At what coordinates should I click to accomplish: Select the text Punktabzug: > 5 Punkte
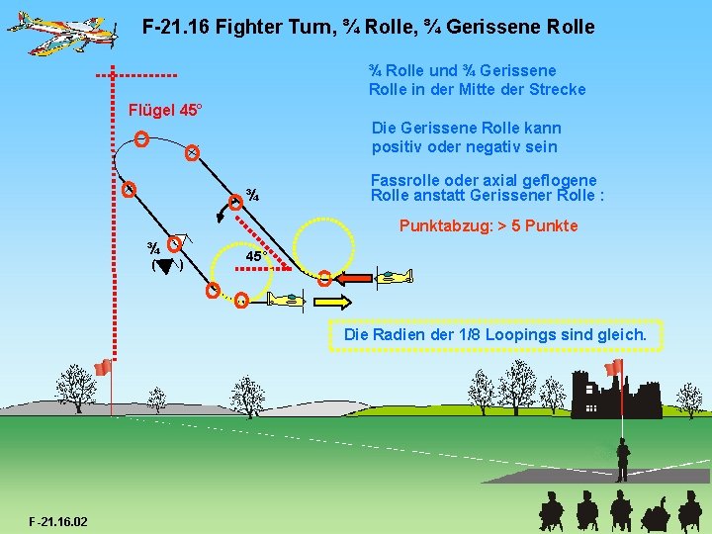tap(489, 226)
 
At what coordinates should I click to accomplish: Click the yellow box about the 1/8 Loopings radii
tap(494, 335)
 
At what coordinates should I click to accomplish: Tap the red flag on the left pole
tap(101, 368)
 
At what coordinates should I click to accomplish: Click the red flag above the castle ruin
tap(615, 367)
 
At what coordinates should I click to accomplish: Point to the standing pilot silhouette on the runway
tap(622, 461)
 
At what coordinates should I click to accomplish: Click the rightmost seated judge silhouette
tap(689, 512)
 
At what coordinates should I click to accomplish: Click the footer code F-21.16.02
tap(58, 520)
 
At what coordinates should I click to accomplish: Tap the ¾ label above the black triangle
tap(154, 246)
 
